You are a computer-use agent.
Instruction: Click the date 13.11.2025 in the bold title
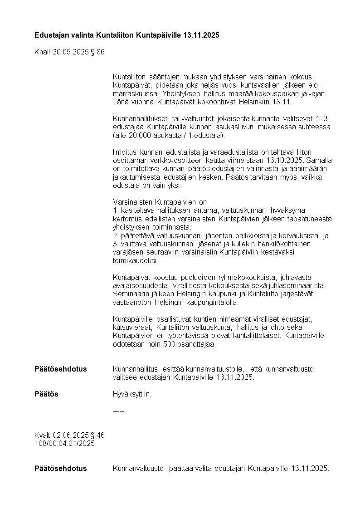click(x=201, y=35)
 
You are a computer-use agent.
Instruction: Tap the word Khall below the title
click(x=43, y=52)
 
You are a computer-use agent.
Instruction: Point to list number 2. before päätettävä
click(x=115, y=235)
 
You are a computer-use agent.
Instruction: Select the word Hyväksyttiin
click(x=132, y=394)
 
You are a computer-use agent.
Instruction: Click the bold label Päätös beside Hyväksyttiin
click(x=46, y=394)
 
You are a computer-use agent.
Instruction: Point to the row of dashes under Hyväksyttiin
click(x=118, y=411)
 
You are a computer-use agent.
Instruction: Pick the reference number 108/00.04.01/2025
click(x=64, y=443)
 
